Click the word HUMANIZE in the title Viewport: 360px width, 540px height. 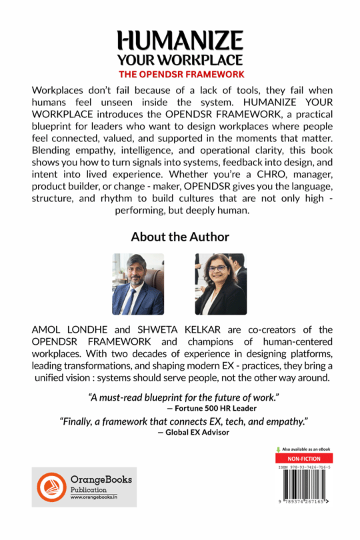(x=180, y=42)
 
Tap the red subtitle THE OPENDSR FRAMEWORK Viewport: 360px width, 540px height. (x=180, y=74)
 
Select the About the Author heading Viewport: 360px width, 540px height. (x=180, y=237)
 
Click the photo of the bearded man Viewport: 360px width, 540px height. (x=138, y=283)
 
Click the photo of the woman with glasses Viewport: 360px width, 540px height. (x=221, y=283)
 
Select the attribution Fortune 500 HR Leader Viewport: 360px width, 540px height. (x=216, y=407)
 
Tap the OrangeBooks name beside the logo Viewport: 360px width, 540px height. (x=101, y=479)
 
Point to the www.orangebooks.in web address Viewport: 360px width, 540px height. (x=95, y=497)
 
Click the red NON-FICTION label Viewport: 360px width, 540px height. (x=303, y=459)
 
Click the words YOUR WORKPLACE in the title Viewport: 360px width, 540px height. (x=180, y=60)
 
